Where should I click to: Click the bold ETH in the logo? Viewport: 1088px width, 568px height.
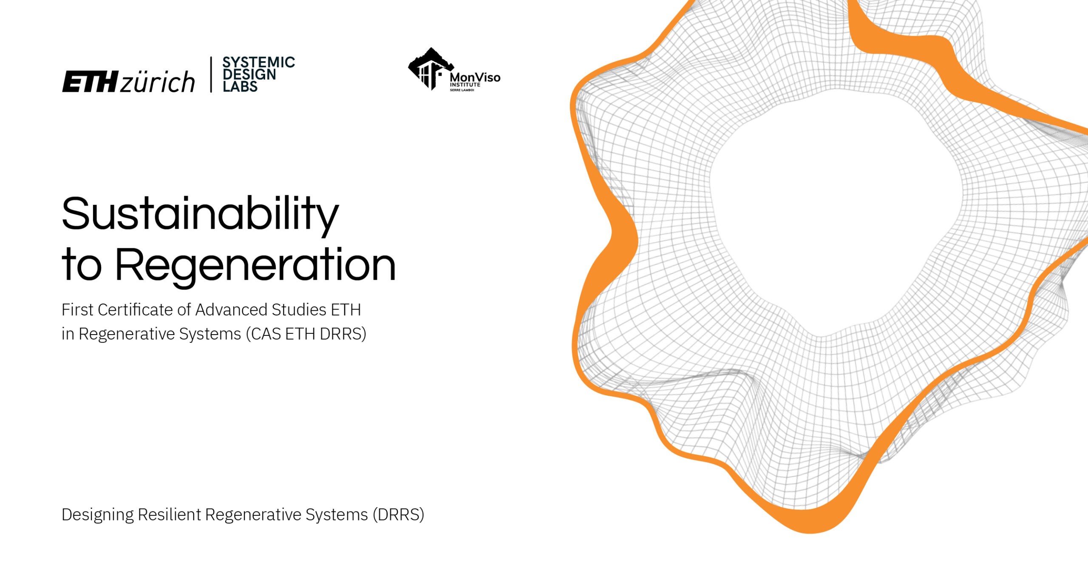[90, 82]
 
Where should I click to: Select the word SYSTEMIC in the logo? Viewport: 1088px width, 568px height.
[258, 62]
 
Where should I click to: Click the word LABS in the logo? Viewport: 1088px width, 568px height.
[240, 87]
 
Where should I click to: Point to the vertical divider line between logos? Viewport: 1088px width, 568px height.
[211, 74]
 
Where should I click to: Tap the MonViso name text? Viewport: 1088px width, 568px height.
[475, 77]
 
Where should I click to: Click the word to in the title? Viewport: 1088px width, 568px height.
[82, 266]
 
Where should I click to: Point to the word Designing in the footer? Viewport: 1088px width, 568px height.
[98, 515]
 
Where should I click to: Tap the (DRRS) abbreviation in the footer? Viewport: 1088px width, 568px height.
[398, 515]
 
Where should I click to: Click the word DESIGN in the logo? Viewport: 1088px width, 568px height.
[249, 74]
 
